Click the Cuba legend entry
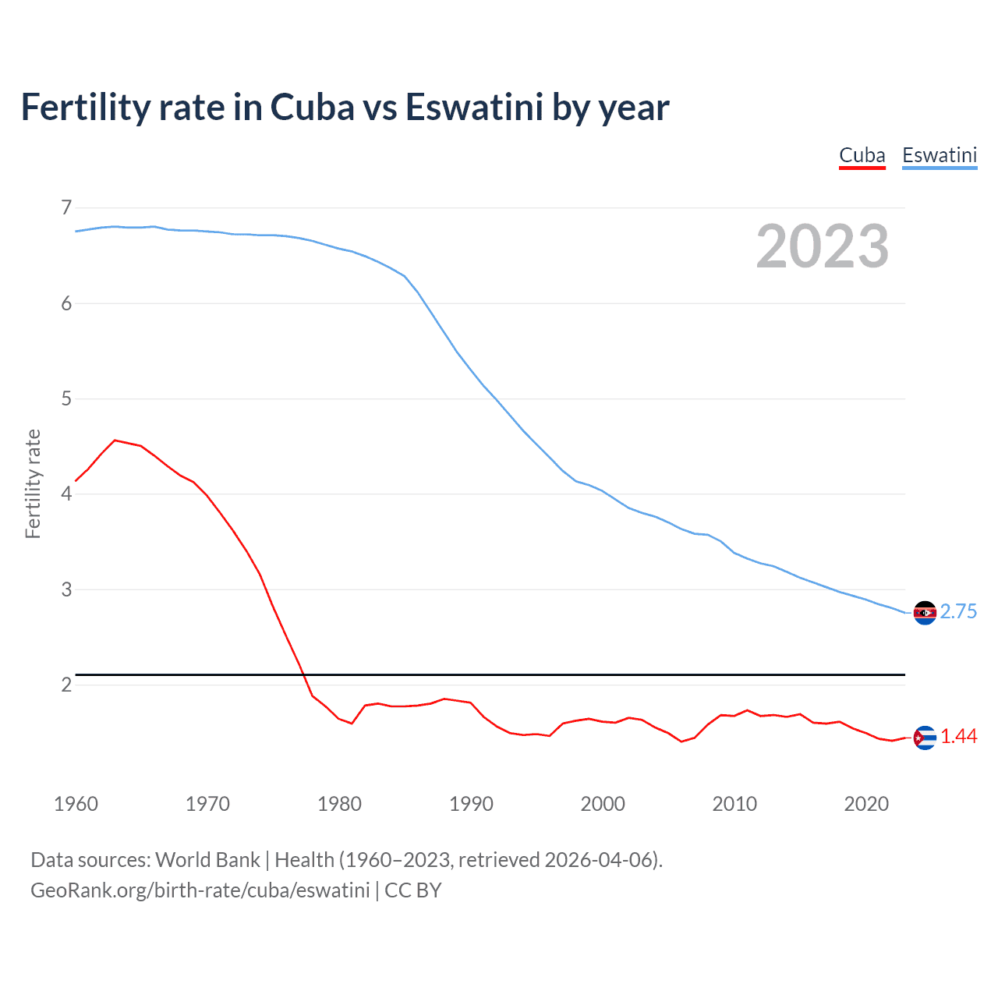862,155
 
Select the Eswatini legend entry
939,155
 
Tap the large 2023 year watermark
822,246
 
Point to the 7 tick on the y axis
66,207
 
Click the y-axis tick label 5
66,399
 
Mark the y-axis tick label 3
66,589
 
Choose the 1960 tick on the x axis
76,804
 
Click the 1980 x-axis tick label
339,804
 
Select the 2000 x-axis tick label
603,804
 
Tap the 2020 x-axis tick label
866,804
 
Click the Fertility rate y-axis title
33,483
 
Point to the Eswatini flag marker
925,613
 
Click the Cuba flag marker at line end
925,738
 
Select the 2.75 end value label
958,612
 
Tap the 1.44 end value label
958,737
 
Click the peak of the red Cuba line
115,441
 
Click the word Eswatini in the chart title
474,108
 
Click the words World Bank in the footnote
207,860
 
